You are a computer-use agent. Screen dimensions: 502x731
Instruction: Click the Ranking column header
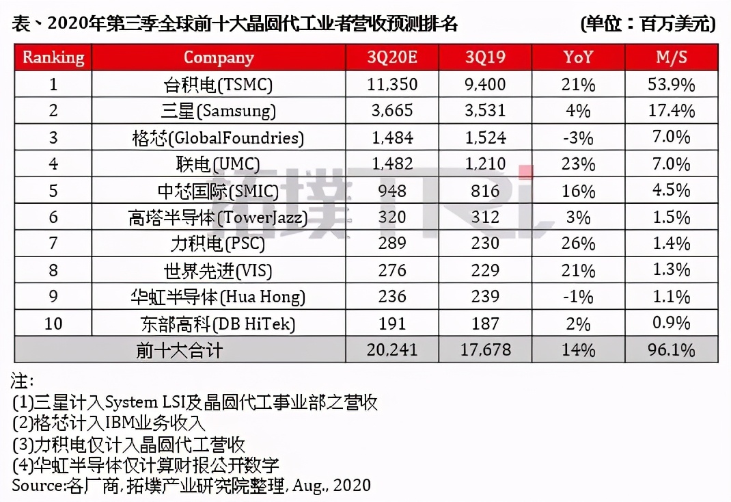click(53, 57)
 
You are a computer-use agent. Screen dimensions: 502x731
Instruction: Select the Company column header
click(219, 57)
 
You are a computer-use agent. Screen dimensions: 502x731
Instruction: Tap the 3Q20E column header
click(391, 57)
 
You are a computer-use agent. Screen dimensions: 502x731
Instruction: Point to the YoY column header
click(579, 57)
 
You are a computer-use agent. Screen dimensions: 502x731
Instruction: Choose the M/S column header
click(672, 57)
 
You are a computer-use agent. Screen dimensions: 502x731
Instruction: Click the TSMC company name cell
click(219, 85)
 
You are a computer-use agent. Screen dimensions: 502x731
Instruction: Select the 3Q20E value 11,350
click(391, 85)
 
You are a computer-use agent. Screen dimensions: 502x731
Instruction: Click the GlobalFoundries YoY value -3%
click(579, 137)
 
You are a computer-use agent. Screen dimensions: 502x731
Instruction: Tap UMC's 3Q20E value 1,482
click(391, 164)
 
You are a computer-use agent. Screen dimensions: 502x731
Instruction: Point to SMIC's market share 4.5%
click(672, 191)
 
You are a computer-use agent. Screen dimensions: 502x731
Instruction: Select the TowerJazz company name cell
click(219, 217)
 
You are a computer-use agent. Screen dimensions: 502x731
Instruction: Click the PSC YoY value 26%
click(579, 243)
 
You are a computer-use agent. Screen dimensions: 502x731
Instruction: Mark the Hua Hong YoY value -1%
click(579, 297)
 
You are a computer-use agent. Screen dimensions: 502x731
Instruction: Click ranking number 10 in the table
click(53, 323)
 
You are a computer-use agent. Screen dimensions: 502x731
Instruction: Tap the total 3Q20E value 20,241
click(391, 350)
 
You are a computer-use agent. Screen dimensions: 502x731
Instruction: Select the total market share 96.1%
click(672, 350)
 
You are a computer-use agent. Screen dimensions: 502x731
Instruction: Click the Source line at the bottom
click(191, 485)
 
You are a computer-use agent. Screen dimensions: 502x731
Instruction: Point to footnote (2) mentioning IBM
click(109, 423)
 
